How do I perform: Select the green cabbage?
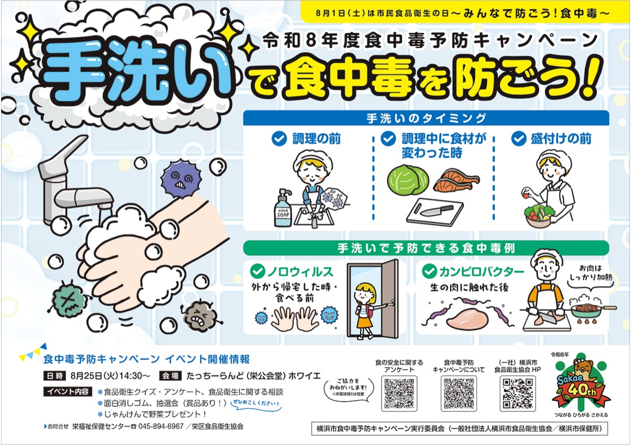click(x=408, y=180)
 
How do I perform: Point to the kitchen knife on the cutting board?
click(x=436, y=210)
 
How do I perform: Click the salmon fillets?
click(x=456, y=180)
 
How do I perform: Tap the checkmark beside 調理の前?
click(x=279, y=139)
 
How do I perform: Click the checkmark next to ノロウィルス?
click(x=258, y=271)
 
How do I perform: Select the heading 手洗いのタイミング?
click(x=426, y=118)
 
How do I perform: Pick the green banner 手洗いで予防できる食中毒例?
click(x=426, y=248)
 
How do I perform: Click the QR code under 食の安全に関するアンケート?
click(x=399, y=393)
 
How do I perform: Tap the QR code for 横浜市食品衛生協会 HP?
click(x=518, y=393)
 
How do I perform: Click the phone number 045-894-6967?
click(x=161, y=427)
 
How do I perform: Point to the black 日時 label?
click(x=55, y=376)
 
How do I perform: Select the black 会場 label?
click(x=170, y=376)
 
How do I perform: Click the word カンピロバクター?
click(x=482, y=272)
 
